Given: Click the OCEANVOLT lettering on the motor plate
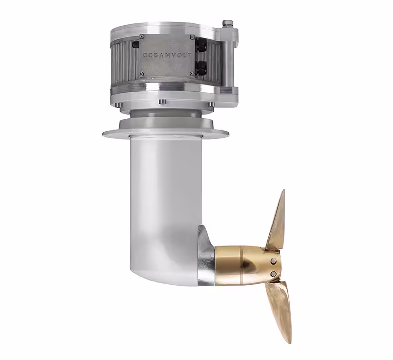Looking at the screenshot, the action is click(166, 56).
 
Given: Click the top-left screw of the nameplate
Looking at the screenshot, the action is click(142, 37).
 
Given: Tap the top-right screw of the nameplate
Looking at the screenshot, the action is click(192, 37).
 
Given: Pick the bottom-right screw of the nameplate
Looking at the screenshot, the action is click(192, 73).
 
